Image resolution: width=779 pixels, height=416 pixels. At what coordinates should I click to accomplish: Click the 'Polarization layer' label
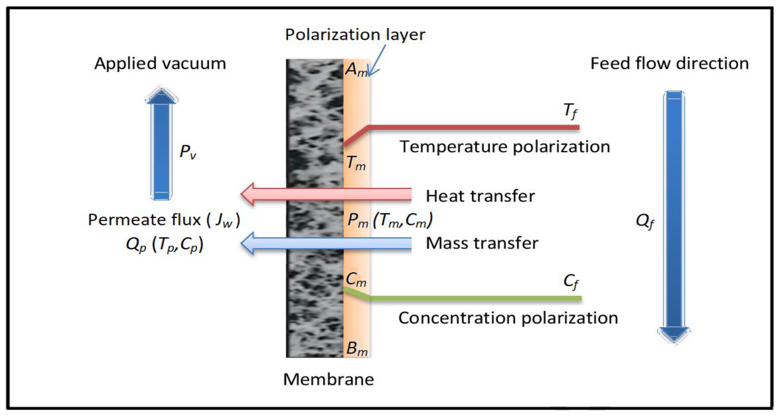(355, 34)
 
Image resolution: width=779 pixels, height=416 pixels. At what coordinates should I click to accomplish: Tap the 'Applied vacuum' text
(160, 63)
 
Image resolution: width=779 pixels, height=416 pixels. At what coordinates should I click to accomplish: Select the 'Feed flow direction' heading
(669, 63)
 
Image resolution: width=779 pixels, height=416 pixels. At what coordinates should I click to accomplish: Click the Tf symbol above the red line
(570, 111)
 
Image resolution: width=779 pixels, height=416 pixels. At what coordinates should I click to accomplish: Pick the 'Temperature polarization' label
(505, 147)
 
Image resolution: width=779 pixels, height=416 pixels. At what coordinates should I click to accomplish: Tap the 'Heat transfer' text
(480, 196)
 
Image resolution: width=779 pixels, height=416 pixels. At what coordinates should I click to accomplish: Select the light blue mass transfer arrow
(326, 243)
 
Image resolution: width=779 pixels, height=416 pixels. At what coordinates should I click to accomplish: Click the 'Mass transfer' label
(482, 243)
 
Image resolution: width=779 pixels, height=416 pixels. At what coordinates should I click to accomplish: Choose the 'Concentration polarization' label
(508, 318)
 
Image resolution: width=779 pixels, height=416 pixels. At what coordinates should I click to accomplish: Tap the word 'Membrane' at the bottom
(328, 379)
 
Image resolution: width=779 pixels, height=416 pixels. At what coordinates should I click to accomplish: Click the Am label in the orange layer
(356, 70)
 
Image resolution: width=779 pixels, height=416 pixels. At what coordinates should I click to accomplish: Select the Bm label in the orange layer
(357, 349)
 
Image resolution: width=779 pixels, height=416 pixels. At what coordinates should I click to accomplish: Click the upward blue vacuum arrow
(162, 144)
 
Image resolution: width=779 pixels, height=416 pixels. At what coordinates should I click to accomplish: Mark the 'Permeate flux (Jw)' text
(164, 220)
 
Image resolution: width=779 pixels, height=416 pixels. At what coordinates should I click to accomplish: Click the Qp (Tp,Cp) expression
(165, 244)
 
